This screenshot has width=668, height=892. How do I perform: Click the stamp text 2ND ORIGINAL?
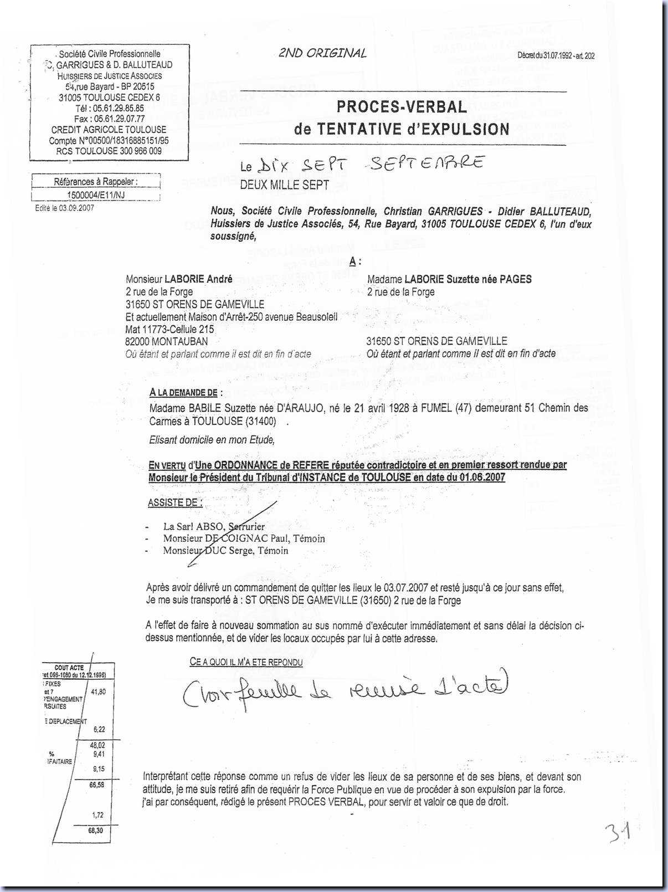coord(322,53)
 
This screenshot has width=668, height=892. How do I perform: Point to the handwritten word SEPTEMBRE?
coord(426,163)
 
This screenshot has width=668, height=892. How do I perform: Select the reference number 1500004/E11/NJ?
coord(96,195)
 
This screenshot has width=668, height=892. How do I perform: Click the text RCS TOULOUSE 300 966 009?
coord(109,151)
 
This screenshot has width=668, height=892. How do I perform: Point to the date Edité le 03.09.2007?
coord(64,208)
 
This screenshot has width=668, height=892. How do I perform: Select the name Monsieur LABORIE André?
coord(179,279)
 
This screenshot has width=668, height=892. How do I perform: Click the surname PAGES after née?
coord(516,279)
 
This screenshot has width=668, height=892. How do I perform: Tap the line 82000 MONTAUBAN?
coord(167,341)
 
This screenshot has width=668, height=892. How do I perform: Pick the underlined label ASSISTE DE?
coord(174,503)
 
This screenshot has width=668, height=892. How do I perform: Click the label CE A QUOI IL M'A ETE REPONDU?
coord(246,662)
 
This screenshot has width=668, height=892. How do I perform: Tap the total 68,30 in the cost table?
coord(96,831)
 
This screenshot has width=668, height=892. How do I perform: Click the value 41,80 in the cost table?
coord(98,691)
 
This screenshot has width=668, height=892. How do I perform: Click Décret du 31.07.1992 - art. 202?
coord(556,55)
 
